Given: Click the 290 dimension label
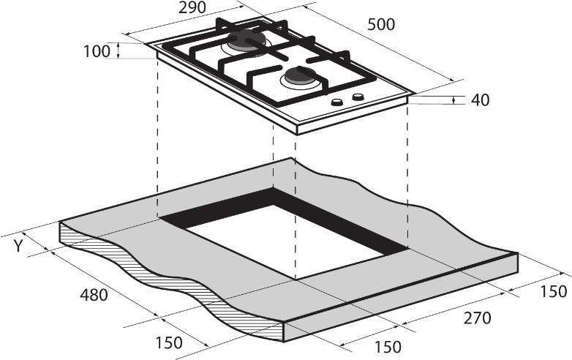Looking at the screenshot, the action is [192, 7].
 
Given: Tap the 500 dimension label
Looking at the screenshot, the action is [381, 24].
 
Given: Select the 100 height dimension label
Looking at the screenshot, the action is [97, 51].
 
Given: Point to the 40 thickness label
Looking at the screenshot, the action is [480, 100].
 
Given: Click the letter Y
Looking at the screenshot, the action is [18, 246].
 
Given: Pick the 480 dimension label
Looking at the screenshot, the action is [94, 295].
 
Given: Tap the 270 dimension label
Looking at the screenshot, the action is [478, 318].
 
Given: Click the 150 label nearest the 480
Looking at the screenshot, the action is [169, 342].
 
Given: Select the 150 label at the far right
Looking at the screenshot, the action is [554, 291].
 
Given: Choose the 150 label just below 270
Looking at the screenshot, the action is [388, 347].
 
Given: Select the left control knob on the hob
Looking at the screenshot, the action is [337, 102].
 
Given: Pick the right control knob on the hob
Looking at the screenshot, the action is [358, 97].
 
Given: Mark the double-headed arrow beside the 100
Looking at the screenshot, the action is [118, 50].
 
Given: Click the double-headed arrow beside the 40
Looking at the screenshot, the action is [454, 100].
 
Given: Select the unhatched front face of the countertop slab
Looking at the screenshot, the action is [402, 297].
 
